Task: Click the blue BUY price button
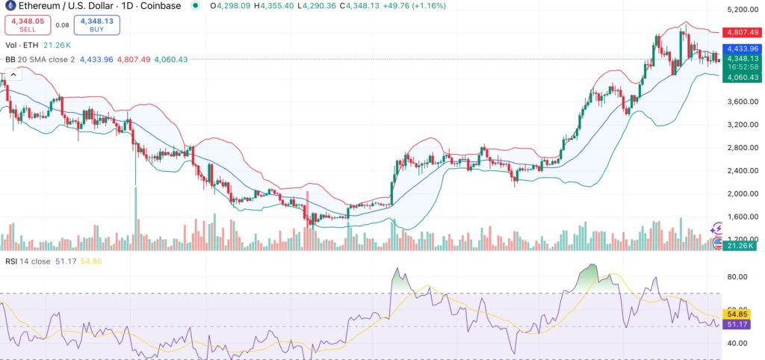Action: point(97,25)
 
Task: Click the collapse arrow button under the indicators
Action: point(13,75)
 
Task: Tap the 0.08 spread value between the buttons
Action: point(61,25)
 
